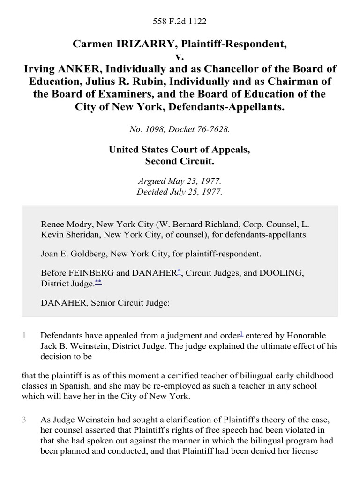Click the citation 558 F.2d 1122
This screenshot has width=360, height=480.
point(180,21)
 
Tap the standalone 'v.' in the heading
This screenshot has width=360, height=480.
point(180,57)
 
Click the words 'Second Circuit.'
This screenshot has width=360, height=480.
point(180,162)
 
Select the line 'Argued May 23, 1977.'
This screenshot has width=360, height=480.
point(180,181)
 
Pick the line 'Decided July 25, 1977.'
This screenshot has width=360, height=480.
point(180,192)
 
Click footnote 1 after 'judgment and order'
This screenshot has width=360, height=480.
point(241,333)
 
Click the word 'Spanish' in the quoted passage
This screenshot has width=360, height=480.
point(62,386)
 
